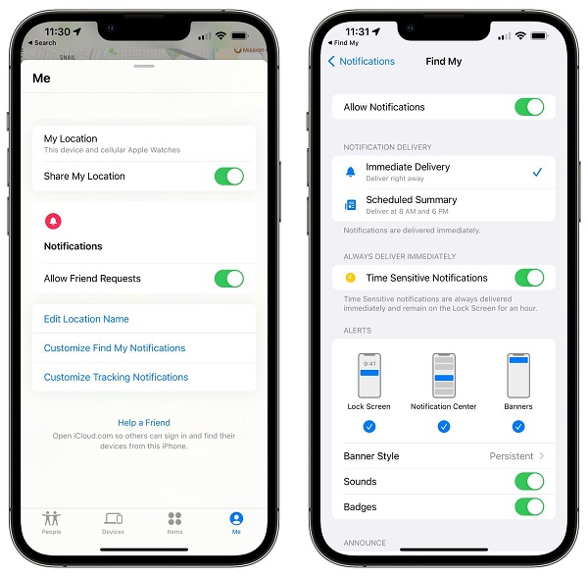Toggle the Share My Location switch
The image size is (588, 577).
pos(228,177)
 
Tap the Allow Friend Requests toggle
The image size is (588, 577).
pos(228,279)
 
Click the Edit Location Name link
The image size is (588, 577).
pos(86,319)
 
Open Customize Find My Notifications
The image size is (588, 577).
pos(115,348)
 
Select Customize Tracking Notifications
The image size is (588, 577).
pos(116,377)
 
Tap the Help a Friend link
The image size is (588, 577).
pos(144,423)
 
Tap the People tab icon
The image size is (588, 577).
pos(51,519)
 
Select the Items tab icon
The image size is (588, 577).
pos(174,519)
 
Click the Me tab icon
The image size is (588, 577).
pos(235,519)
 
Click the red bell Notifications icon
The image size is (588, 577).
pos(53,222)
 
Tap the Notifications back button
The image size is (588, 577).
pos(361,61)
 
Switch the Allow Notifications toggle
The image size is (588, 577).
pos(528,107)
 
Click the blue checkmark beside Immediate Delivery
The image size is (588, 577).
pos(536,172)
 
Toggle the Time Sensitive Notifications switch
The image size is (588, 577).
pos(528,278)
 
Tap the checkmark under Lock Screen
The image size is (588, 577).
pos(368,426)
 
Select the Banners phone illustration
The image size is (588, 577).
pos(518,375)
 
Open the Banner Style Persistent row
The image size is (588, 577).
pos(443,456)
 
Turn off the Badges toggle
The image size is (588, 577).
pos(528,507)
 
